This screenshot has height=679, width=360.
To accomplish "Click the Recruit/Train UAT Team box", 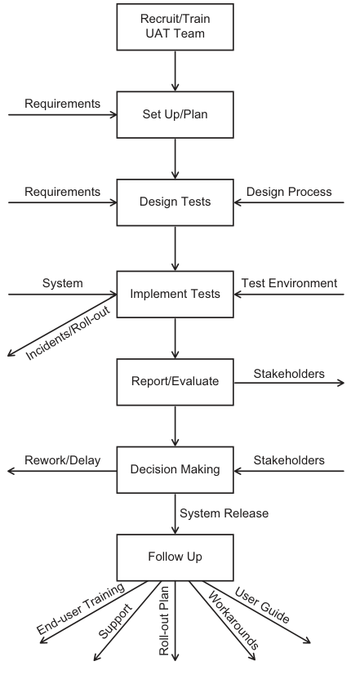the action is (175, 27).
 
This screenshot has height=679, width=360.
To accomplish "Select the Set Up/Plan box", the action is (175, 115).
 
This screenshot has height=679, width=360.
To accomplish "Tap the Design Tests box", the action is (175, 202).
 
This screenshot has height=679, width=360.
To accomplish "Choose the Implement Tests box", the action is (175, 295).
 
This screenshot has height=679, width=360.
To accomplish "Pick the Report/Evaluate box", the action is (175, 382).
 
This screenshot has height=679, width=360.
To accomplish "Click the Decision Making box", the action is (175, 470).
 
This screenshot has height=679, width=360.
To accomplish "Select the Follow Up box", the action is (175, 557).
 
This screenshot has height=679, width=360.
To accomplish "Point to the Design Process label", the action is (289, 192).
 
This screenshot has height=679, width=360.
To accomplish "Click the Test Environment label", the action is (289, 283).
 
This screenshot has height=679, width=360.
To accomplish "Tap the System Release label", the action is (224, 513).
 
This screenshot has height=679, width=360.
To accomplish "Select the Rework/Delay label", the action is (62, 460).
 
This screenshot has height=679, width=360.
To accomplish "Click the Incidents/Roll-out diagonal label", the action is (68, 333).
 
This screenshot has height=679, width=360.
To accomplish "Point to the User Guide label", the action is (262, 606).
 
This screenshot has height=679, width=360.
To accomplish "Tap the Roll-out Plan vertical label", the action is (164, 621).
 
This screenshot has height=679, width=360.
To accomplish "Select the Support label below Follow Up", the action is (115, 621).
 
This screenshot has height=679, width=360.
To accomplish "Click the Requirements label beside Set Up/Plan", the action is (62, 104).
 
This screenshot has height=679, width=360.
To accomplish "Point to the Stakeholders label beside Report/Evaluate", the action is (289, 374).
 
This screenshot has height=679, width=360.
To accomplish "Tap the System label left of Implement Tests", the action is (62, 283).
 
